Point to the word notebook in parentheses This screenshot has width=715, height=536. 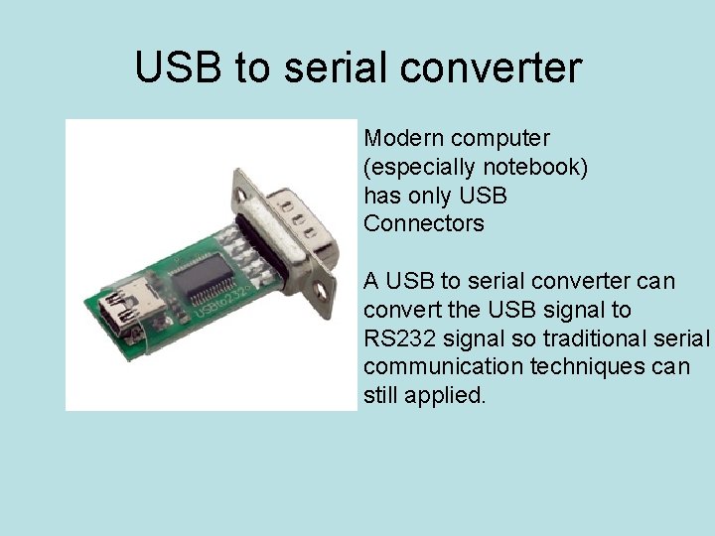(532, 167)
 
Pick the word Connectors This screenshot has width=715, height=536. (424, 224)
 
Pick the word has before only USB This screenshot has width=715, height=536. (381, 196)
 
